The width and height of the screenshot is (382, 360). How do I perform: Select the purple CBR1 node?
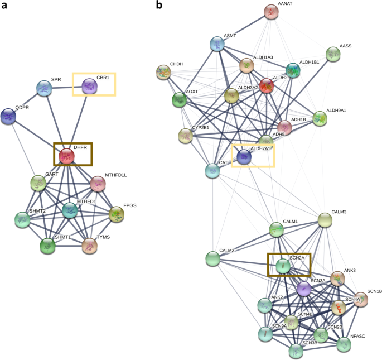point(89,86)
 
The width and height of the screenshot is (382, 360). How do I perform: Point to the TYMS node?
point(89,245)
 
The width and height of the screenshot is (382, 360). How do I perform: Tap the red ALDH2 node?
point(267,86)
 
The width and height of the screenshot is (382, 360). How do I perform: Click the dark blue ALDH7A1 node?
point(244,158)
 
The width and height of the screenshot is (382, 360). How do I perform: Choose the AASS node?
point(333,54)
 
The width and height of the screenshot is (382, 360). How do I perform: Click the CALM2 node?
point(212,258)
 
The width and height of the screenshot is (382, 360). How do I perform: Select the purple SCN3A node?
point(303,289)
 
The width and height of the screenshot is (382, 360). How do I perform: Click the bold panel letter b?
point(159,6)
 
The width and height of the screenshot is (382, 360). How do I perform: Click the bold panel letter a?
point(4,6)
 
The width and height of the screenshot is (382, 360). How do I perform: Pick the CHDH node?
point(163,73)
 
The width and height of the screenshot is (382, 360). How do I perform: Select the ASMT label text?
point(230,36)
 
